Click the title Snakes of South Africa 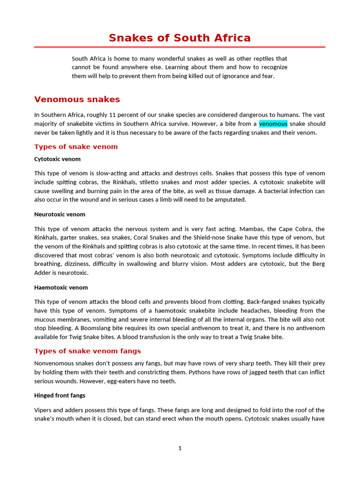coord(180,38)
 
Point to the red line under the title coord(180,47)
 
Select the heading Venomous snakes coord(77,99)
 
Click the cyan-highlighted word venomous coord(273,124)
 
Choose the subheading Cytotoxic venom coord(57,159)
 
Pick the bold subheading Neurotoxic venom coord(60,214)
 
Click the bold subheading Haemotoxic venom coord(61,287)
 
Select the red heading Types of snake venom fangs coord(88,351)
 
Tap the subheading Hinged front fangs coord(60,395)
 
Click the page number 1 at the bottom coord(180,448)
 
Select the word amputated coord(230,200)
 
